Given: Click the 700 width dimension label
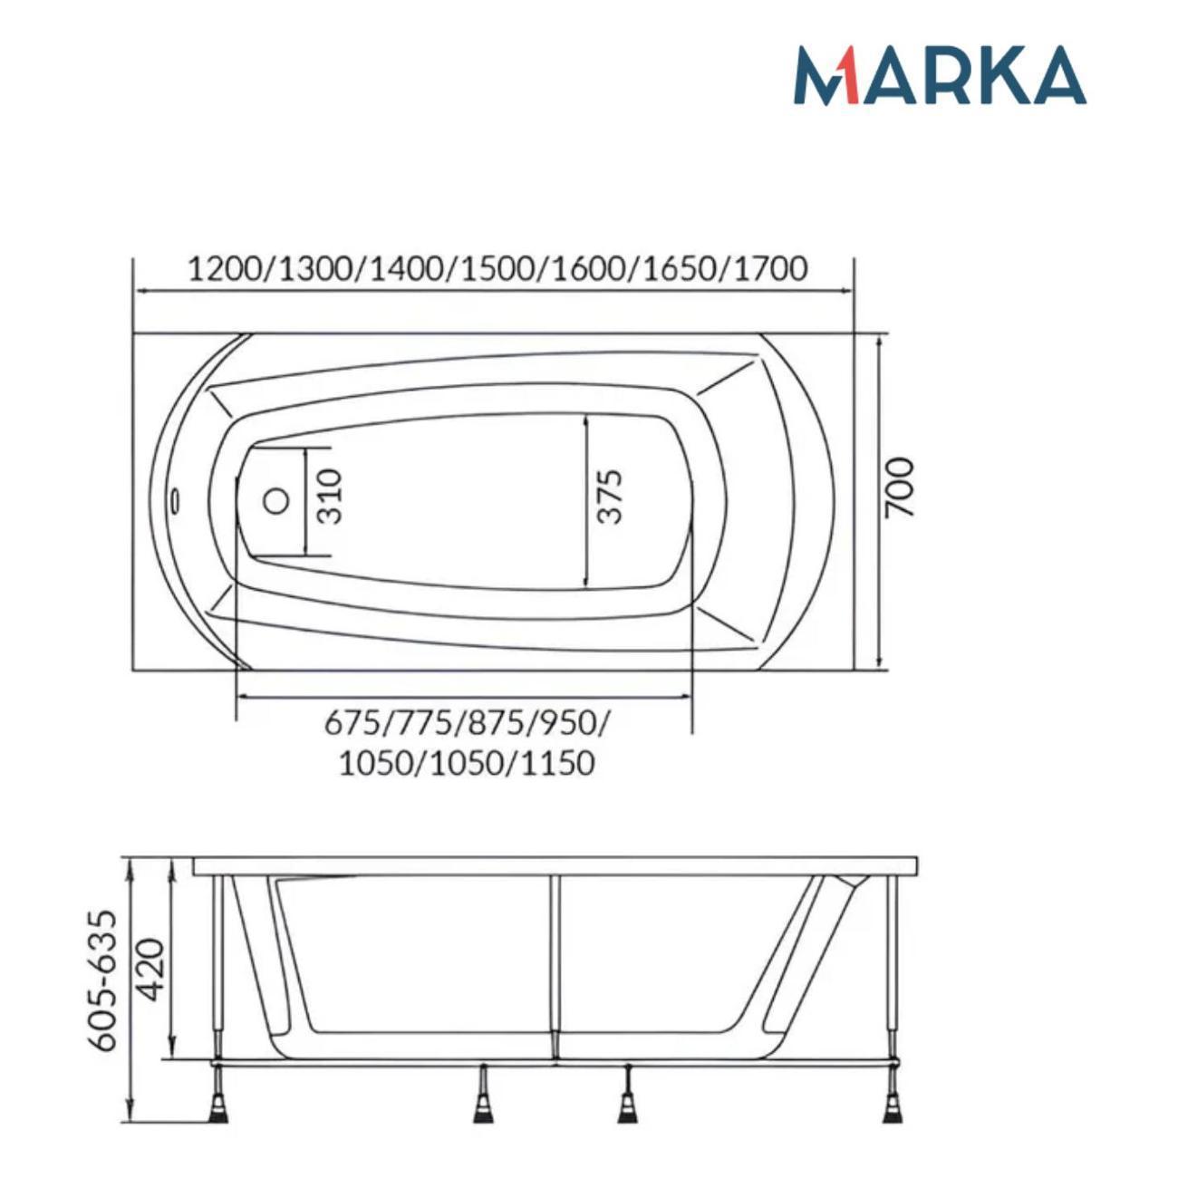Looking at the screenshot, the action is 900,488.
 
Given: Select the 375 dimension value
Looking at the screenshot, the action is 610,497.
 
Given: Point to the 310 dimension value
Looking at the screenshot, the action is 331,497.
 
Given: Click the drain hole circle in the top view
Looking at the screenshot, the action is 276,501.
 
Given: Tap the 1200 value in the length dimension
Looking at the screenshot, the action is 225,269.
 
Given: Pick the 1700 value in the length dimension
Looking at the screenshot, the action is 769,269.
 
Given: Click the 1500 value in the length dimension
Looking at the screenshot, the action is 498,269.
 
